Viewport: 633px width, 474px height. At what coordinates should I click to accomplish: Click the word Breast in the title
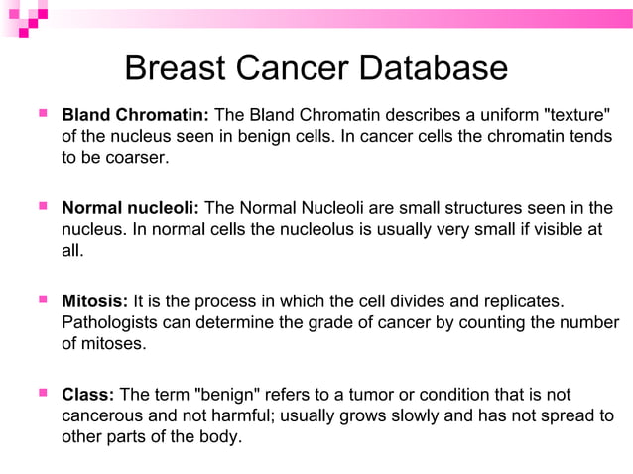(x=177, y=68)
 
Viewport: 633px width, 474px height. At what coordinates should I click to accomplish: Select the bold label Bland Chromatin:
(x=135, y=115)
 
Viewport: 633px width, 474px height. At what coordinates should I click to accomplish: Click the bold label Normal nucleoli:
(x=131, y=208)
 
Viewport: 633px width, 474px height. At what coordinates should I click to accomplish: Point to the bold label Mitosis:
(x=95, y=301)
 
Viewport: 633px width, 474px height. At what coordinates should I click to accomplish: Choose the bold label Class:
(x=88, y=395)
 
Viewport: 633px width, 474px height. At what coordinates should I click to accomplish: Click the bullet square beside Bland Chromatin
(x=42, y=114)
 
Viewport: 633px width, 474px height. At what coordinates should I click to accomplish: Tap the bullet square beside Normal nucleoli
(x=42, y=207)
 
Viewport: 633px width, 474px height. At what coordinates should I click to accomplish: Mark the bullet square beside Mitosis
(x=42, y=300)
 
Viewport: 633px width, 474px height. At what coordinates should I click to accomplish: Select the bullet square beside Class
(x=42, y=394)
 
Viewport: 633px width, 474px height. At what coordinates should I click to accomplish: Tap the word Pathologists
(x=110, y=323)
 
